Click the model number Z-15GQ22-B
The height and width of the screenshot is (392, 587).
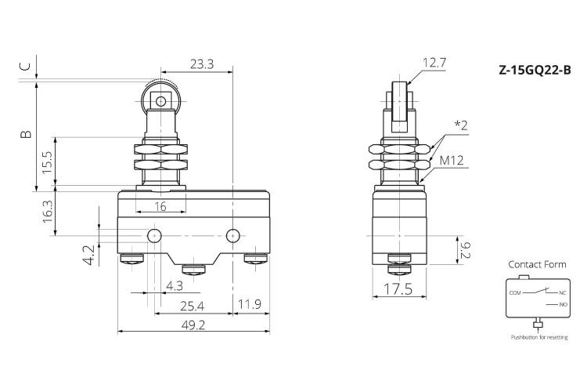pyautogui.click(x=535, y=70)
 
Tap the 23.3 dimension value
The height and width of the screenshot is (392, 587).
pyautogui.click(x=202, y=64)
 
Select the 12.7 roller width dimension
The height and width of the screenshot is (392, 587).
pyautogui.click(x=434, y=63)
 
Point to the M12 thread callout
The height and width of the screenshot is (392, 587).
pyautogui.click(x=452, y=161)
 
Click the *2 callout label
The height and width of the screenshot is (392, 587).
pyautogui.click(x=461, y=125)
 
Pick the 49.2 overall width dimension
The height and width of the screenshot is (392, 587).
pyautogui.click(x=193, y=325)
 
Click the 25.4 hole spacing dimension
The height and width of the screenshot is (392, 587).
pyautogui.click(x=192, y=307)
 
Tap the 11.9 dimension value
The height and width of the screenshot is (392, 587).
pyautogui.click(x=250, y=304)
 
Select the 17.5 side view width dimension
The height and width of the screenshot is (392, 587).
pyautogui.click(x=398, y=289)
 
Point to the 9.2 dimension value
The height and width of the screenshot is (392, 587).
pyautogui.click(x=465, y=250)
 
